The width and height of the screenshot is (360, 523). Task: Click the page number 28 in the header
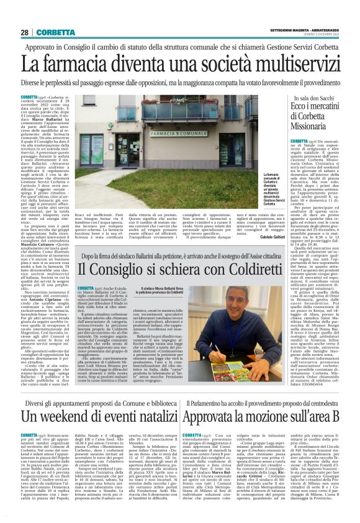[x=25, y=32]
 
